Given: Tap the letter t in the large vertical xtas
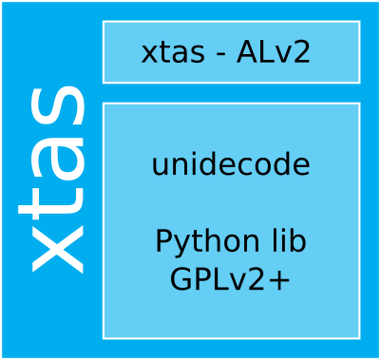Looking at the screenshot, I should (x=55, y=201).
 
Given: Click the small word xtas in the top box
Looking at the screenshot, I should (x=172, y=52).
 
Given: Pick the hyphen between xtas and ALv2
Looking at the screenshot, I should (x=220, y=55).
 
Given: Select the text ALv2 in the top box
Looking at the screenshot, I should (x=274, y=52).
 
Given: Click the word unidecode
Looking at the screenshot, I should (x=231, y=165).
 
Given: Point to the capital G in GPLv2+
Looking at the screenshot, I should (x=181, y=280).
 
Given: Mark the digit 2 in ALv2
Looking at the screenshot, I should (x=301, y=52).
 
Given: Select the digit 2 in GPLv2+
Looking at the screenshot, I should (x=255, y=280).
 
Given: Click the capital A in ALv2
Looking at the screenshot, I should (x=250, y=52).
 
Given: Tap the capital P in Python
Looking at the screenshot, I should (x=163, y=241).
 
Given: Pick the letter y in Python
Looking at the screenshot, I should (x=180, y=245).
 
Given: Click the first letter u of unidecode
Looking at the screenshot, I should (x=160, y=166).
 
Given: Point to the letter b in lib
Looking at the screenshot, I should (x=297, y=241).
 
